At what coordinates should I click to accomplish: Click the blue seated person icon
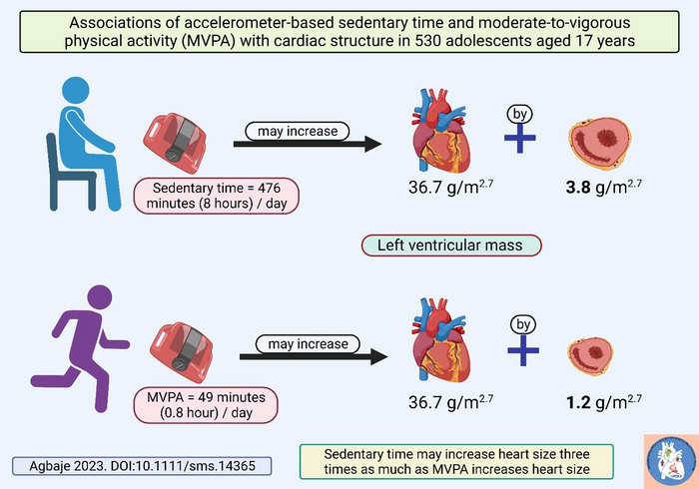[x=80, y=140]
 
